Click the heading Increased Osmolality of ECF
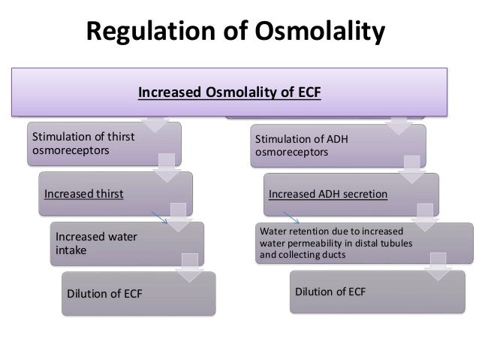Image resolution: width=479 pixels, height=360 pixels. click(229, 94)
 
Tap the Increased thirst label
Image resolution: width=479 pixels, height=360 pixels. click(83, 193)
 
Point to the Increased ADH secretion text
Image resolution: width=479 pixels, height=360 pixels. click(328, 193)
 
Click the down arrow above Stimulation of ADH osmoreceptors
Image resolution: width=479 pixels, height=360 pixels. click(400, 124)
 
